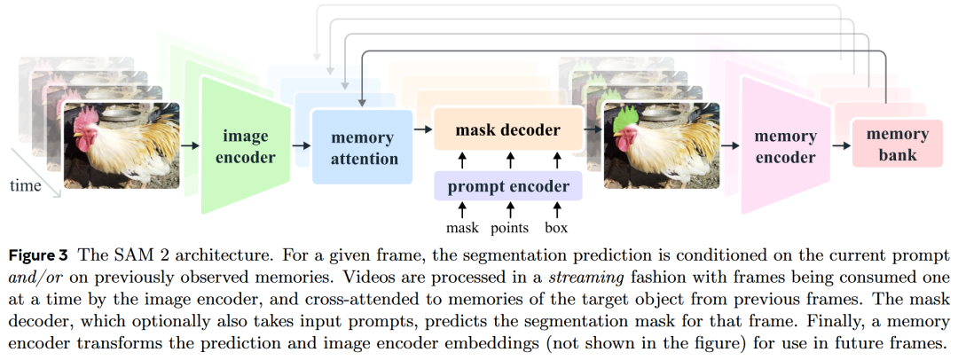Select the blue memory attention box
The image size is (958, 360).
point(362,148)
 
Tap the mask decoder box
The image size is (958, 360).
point(507,130)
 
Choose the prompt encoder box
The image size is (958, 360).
point(507,186)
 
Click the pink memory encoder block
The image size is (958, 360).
point(784,146)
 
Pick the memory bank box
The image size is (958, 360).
point(897,145)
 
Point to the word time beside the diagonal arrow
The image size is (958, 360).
point(25,186)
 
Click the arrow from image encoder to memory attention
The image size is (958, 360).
point(301,144)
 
